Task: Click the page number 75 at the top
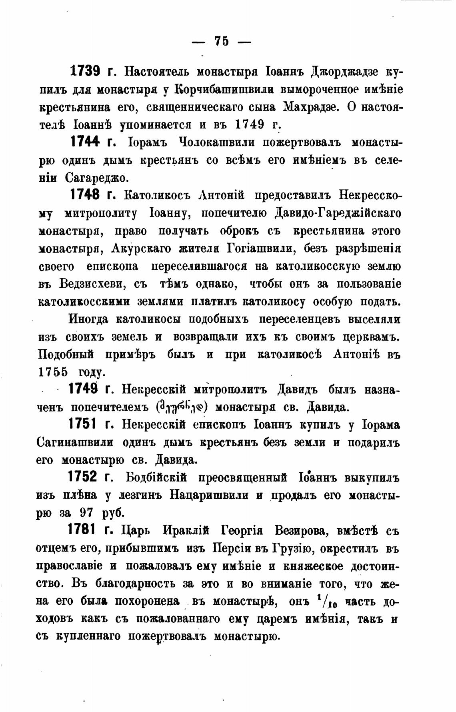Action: coord(222,41)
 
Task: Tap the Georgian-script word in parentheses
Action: coord(182,407)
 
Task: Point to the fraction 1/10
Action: coord(326,601)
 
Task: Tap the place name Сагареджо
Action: coord(96,178)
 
